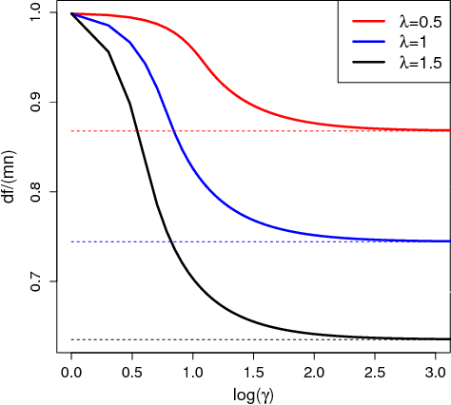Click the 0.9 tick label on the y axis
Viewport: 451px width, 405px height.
pyautogui.click(x=35, y=103)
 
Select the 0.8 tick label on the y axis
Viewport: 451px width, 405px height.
pyautogui.click(x=35, y=192)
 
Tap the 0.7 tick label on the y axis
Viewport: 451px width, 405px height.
pyautogui.click(x=35, y=281)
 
